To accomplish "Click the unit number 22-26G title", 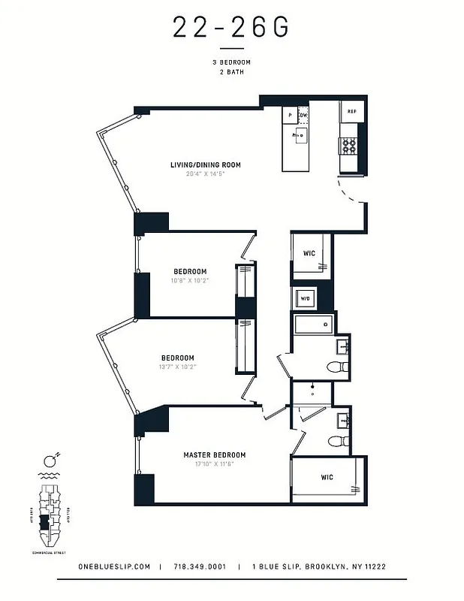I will pos(231,28).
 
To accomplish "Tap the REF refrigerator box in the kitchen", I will pos(351,112).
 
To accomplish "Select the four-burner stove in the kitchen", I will pos(349,146).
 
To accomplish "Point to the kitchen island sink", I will pos(302,135).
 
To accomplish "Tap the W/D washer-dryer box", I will pos(306,298).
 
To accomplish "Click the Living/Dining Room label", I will pos(205,165).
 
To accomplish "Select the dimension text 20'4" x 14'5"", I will pos(205,174).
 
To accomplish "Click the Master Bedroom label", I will pos(215,455).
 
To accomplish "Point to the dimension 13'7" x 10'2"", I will pos(178,367).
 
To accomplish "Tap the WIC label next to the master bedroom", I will pos(327,477).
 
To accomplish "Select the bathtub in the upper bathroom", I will pos(312,325).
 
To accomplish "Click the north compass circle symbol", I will pos(49,461).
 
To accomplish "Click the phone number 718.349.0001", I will pos(199,567).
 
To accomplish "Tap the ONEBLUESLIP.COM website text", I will pos(115,567).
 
